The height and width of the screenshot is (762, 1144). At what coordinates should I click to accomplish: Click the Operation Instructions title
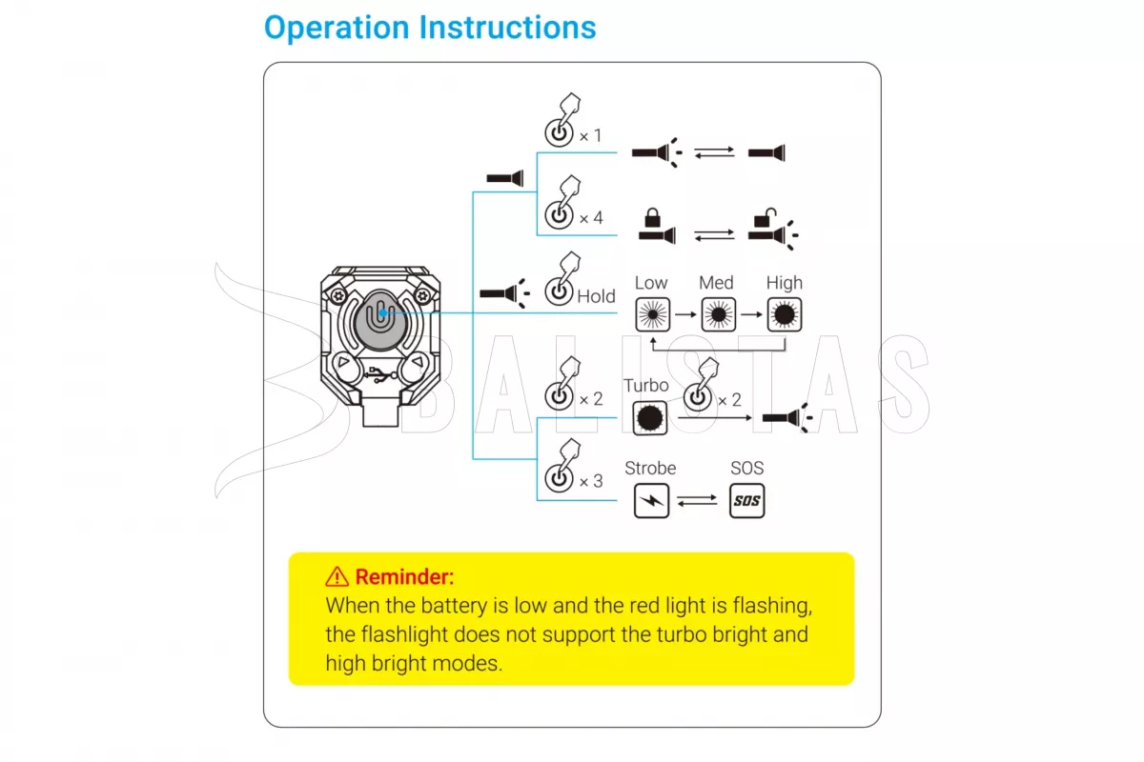(x=430, y=28)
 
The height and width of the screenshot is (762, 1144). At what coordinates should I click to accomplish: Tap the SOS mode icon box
(x=747, y=500)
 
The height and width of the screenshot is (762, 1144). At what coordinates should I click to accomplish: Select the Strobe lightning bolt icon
(x=652, y=500)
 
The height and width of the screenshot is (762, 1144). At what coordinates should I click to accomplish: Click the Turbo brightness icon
(x=649, y=416)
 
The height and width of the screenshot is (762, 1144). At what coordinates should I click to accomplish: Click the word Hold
(x=596, y=296)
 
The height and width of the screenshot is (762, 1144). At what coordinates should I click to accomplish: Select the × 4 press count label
(x=591, y=218)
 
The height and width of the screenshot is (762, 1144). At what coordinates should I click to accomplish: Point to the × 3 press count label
(x=591, y=481)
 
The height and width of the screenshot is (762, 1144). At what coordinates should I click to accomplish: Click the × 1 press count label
(x=591, y=135)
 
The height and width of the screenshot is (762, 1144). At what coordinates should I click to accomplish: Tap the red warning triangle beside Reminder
(x=337, y=576)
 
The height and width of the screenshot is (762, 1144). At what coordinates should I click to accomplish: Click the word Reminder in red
(x=404, y=576)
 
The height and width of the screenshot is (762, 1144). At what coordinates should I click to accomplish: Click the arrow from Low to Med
(x=685, y=313)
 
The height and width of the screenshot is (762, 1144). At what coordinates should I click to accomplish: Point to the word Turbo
(x=646, y=386)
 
